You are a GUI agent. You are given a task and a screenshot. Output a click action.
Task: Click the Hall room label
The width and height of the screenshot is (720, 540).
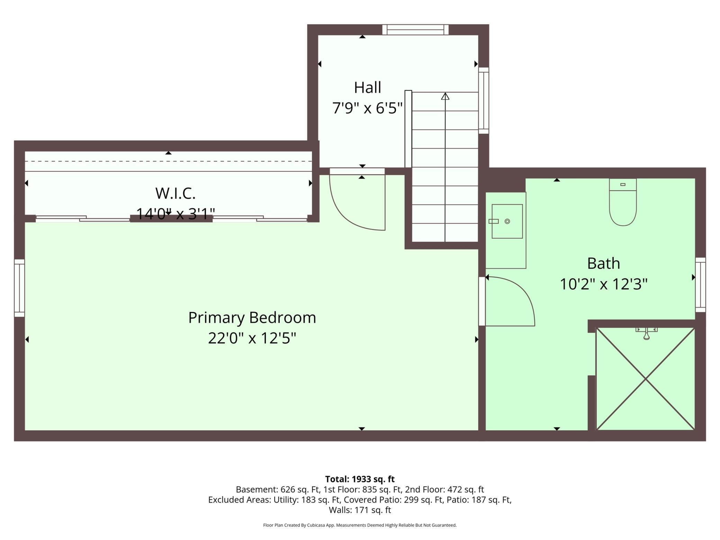[367, 88]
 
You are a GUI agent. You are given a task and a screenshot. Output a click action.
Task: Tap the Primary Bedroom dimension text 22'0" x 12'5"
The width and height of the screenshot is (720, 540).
[252, 338]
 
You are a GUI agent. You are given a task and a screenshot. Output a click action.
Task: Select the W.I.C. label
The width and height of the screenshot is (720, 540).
[175, 193]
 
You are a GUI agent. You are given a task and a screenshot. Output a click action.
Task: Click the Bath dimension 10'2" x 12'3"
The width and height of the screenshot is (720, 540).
[603, 284]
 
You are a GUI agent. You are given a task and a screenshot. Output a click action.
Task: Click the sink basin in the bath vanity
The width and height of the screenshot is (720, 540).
[507, 221]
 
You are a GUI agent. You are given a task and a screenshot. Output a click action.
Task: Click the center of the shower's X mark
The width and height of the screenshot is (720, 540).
[646, 379]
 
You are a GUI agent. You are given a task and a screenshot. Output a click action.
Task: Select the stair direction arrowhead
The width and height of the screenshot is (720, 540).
[445, 97]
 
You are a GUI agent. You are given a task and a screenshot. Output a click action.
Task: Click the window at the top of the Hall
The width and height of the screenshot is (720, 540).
[415, 30]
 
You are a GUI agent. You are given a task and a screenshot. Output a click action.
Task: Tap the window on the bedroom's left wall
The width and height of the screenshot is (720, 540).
[19, 288]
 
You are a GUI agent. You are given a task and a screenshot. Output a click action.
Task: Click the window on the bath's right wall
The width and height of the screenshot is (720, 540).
[700, 285]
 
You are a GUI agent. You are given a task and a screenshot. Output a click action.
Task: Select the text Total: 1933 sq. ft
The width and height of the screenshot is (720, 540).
[360, 479]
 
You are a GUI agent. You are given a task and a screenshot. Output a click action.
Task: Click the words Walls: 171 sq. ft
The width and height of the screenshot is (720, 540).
[360, 510]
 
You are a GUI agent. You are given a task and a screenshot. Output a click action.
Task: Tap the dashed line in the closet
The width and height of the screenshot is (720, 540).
[168, 161]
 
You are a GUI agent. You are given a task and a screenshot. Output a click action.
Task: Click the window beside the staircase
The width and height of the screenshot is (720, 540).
[484, 100]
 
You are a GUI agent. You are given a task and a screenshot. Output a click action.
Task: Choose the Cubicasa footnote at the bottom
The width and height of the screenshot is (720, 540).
[360, 525]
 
